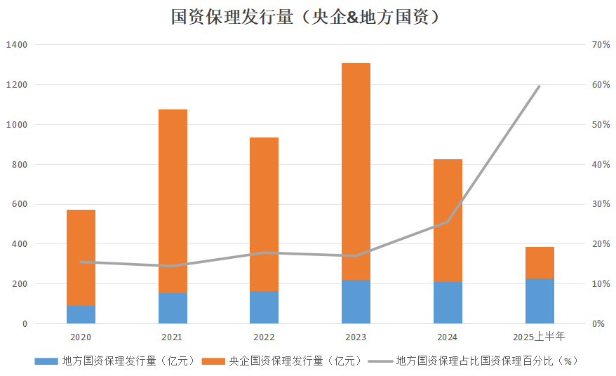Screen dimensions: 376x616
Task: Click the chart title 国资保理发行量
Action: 307,17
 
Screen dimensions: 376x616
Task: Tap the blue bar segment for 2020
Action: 81,314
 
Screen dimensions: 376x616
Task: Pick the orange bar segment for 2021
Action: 173,201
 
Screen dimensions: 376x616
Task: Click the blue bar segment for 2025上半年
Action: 540,301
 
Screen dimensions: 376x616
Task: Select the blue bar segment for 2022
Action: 264,307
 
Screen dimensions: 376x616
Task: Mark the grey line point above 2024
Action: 448,222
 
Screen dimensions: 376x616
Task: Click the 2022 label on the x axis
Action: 264,337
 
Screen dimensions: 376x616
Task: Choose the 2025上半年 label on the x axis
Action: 540,337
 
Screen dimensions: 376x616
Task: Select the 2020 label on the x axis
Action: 81,337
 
